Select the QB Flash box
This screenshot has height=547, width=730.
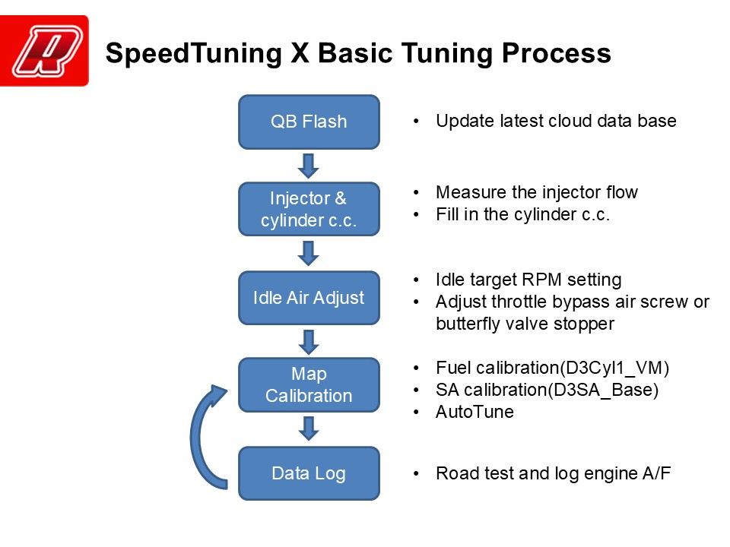(x=309, y=122)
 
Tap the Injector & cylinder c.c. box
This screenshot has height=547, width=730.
(x=309, y=209)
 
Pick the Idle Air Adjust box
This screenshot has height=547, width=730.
(x=309, y=298)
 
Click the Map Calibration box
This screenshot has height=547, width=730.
(x=309, y=384)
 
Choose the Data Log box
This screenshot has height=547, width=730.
(x=309, y=473)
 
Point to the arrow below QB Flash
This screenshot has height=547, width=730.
(x=309, y=165)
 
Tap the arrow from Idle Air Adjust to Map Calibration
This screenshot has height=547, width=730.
(x=309, y=341)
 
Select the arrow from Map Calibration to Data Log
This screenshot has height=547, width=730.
(x=309, y=428)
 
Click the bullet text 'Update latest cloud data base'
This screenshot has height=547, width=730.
(x=556, y=121)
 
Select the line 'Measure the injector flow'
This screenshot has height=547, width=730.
(x=537, y=192)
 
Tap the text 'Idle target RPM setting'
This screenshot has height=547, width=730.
(x=528, y=280)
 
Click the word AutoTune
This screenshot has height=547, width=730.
(x=474, y=412)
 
